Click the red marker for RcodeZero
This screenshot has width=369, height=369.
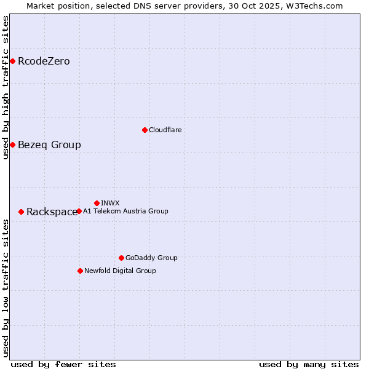coord(12,61)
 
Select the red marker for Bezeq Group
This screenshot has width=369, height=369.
coord(12,145)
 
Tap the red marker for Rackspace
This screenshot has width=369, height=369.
coord(22,212)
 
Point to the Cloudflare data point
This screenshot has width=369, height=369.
coord(145,130)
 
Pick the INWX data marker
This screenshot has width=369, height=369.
coord(97,203)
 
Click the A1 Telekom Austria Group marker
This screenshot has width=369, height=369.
coord(79,211)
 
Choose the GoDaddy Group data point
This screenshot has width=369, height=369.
coord(121,258)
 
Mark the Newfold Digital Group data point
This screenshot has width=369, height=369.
coord(80,271)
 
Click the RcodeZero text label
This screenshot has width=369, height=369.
coord(44,61)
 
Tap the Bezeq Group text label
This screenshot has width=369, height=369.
coord(49,145)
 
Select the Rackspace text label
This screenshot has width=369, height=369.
coord(52,212)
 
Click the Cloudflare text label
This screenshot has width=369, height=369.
coord(165,130)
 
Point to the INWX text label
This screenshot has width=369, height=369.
coord(110,203)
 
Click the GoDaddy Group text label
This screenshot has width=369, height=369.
coord(151,258)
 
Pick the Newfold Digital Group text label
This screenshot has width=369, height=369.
coord(120,271)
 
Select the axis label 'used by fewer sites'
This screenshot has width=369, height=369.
coord(63,364)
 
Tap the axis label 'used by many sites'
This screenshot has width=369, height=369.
coord(309,364)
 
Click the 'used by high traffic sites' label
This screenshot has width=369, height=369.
coord(6,87)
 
